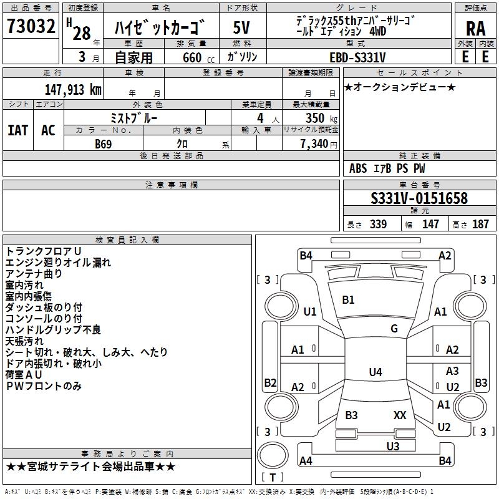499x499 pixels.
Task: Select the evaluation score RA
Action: coord(475,29)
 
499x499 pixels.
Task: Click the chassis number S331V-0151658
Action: coord(419,199)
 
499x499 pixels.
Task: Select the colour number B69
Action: coord(104,144)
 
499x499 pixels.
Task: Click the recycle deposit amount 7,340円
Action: coord(318,144)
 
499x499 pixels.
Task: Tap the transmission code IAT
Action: coord(17,130)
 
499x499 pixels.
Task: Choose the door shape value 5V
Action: coord(242,27)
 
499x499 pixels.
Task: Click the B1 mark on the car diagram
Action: coord(348,300)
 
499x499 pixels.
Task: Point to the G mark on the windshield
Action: coord(394,329)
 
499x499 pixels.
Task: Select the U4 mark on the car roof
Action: coord(375,372)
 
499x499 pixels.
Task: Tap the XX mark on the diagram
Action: coord(400,415)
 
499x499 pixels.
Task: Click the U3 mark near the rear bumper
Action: coord(392,446)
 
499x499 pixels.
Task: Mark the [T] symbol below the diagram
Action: coord(273,477)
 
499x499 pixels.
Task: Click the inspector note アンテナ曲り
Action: coord(34,273)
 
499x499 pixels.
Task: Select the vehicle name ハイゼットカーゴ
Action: coord(160,28)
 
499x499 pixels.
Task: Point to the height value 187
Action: coord(480,225)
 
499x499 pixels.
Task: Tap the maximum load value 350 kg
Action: coord(318,118)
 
